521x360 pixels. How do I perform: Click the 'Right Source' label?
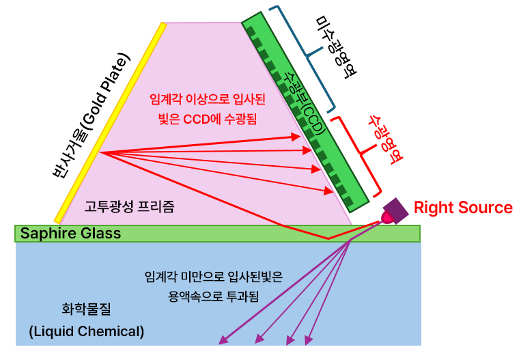point(463,208)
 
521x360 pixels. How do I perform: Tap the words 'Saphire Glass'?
point(70,234)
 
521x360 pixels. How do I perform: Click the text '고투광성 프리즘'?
point(129,207)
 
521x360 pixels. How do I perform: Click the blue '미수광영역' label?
point(334,46)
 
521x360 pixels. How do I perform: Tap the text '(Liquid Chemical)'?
point(87,332)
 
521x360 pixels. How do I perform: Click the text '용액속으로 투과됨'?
point(213,296)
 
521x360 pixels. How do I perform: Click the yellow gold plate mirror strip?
point(109,123)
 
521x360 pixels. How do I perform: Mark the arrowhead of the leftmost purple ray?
point(223,340)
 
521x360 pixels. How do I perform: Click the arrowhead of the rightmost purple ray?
point(309,340)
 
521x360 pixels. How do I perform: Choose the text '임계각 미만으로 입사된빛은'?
point(213,277)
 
